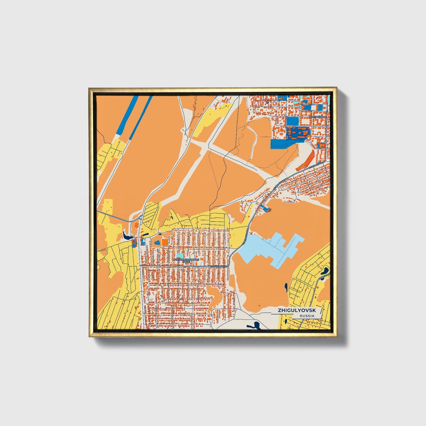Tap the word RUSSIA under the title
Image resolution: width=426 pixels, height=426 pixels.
[307, 316]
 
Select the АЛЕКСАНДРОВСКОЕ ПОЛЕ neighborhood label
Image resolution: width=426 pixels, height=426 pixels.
[186, 260]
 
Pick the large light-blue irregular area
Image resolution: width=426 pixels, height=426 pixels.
[270, 248]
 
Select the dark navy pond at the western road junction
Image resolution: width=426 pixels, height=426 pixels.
[128, 236]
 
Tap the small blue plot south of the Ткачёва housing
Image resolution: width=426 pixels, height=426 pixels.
[267, 209]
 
